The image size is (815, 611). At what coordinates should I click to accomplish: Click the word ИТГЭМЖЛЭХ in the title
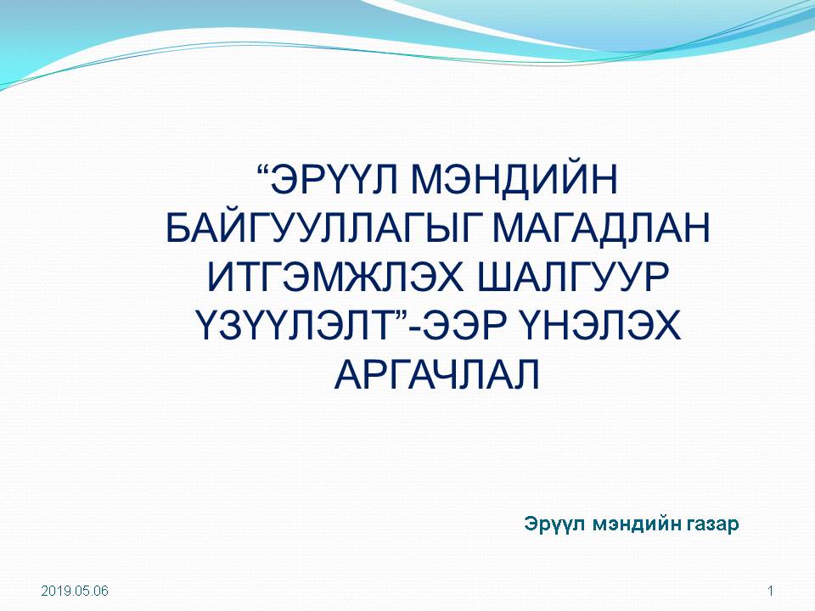(334, 277)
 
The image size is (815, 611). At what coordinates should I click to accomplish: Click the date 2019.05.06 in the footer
(75, 591)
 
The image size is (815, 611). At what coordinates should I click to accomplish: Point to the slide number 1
(771, 591)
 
